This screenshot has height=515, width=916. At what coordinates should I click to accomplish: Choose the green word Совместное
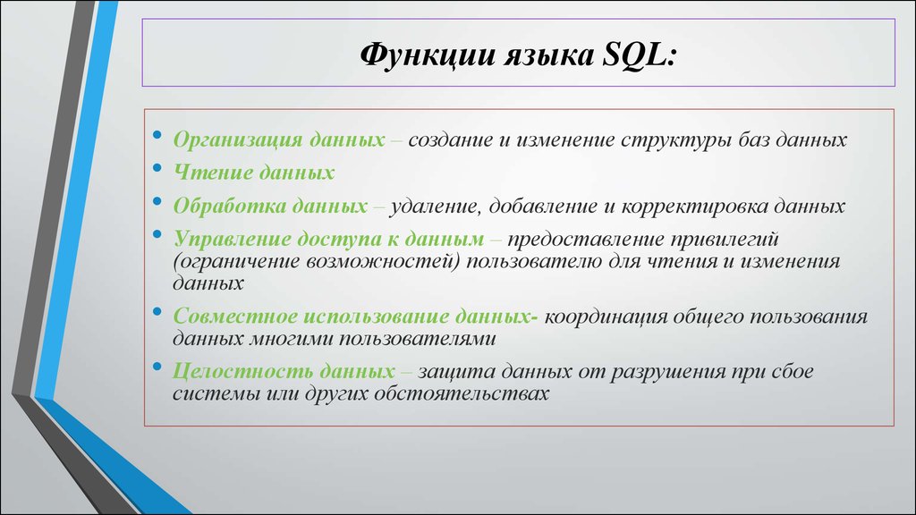point(233,318)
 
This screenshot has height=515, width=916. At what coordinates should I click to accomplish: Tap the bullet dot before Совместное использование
point(157,313)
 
